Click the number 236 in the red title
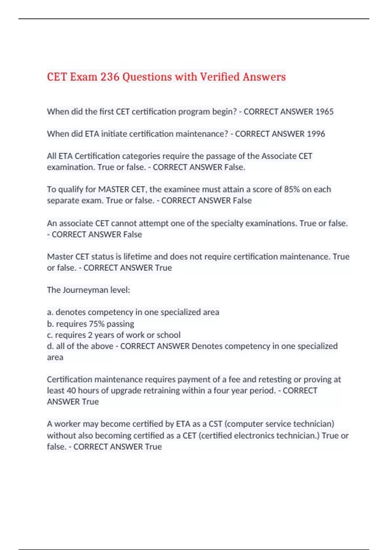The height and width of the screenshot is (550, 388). point(110,77)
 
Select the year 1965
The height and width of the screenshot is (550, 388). point(324,112)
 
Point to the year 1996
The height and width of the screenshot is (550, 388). point(316,134)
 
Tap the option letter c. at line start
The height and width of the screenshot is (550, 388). point(50,335)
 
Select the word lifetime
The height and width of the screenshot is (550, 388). point(137,257)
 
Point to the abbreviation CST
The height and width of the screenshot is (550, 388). point(215,424)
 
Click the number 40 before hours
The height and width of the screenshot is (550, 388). point(71,390)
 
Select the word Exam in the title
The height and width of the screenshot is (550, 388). point(83,77)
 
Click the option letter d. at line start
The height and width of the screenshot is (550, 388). point(50,346)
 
